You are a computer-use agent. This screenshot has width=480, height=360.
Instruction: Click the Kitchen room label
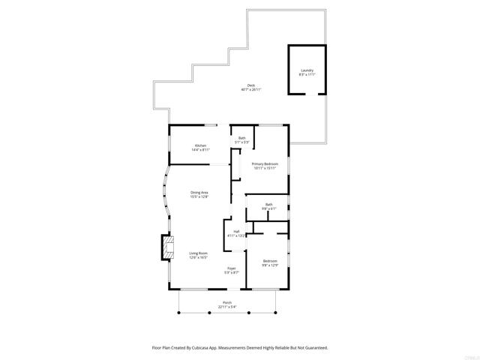[200, 145]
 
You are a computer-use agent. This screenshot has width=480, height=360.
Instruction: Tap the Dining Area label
[199, 193]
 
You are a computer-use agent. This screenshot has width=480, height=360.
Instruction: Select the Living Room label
[199, 253]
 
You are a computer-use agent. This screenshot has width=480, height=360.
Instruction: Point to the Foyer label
[232, 268]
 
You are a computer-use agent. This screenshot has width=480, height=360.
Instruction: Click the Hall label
[236, 231]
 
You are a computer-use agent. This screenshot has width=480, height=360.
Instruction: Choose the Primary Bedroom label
[265, 163]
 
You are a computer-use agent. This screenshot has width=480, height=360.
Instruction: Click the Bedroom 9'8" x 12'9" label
[269, 261]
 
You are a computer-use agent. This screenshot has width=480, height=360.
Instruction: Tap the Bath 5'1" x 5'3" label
[242, 138]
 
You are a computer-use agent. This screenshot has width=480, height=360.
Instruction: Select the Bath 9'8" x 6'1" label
[268, 204]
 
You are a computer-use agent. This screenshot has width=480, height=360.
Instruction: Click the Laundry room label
[307, 70]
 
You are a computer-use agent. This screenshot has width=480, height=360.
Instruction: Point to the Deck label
[251, 85]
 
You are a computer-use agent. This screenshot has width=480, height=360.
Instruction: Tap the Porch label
[226, 302]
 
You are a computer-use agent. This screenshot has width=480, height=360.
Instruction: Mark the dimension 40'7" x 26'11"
[251, 90]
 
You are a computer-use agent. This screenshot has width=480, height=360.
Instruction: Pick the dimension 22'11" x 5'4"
[226, 307]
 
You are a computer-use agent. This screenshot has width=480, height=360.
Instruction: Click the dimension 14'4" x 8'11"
[200, 150]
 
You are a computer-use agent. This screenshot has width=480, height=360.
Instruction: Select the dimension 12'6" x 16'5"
[199, 258]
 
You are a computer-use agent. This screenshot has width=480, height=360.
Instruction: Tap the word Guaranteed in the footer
[311, 347]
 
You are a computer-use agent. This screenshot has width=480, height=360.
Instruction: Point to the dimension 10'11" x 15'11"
[265, 168]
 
